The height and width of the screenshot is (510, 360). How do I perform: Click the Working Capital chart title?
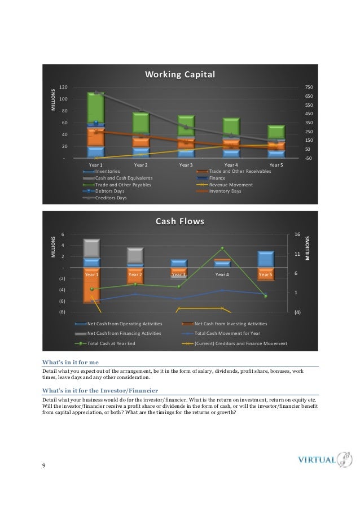[x=180, y=75]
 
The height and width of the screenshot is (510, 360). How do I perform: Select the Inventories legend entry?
[x=108, y=171]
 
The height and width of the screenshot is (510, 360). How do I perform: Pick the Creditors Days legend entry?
[x=111, y=198]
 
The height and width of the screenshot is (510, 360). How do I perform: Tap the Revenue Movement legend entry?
[x=231, y=185]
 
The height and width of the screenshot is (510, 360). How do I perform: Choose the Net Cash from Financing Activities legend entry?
[x=124, y=333]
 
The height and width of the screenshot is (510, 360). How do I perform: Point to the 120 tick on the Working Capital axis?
[x=64, y=88]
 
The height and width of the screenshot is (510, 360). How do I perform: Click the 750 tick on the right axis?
[x=308, y=88]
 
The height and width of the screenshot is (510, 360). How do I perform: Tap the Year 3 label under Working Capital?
[x=186, y=165]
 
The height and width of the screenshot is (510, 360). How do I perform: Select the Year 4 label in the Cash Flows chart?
[x=222, y=274]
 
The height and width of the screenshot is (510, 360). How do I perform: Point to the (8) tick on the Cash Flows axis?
[x=62, y=312]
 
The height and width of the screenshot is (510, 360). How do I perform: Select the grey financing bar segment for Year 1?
[x=91, y=248]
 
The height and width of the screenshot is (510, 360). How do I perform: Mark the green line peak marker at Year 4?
[x=222, y=249]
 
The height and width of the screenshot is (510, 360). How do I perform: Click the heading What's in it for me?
[x=71, y=362]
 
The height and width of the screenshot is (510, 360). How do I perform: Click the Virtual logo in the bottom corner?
[x=324, y=459]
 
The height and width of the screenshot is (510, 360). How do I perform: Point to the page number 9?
[x=44, y=465]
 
